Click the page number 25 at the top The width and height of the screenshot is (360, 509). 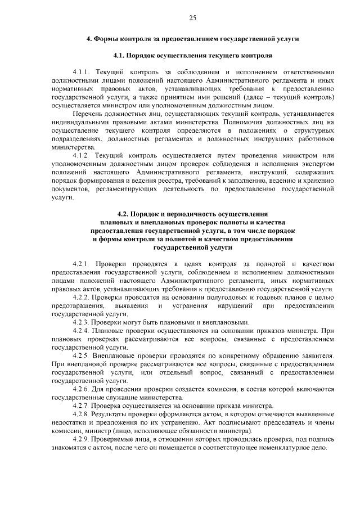[192, 19]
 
